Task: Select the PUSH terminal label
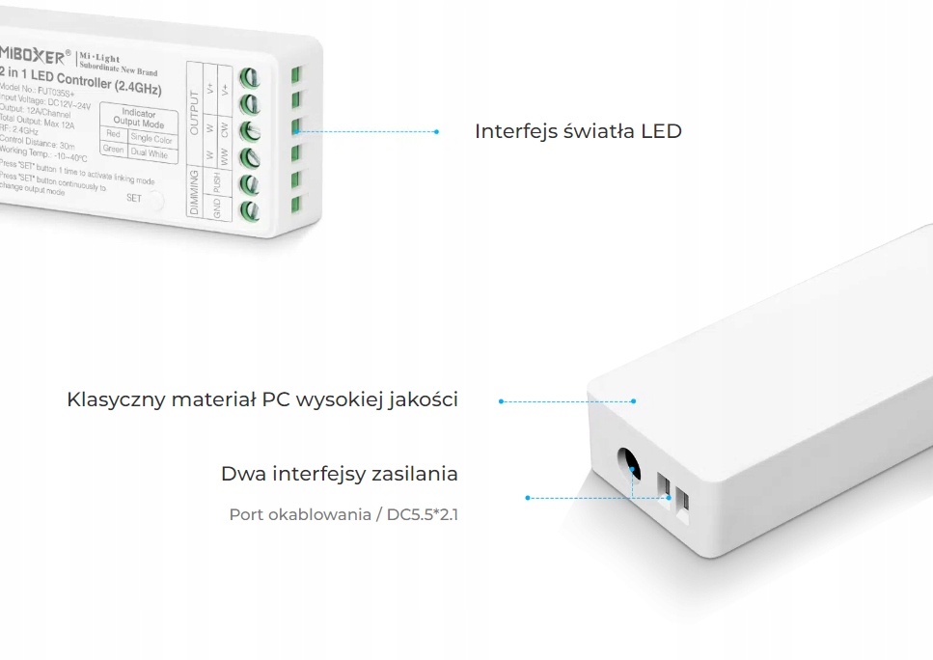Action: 217,182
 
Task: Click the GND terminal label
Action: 217,207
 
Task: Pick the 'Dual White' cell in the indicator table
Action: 150,153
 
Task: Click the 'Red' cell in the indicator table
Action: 113,135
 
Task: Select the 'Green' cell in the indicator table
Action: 113,150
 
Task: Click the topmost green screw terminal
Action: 251,77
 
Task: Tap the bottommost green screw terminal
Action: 251,207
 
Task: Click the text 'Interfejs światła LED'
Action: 578,131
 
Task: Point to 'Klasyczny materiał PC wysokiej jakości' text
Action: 262,399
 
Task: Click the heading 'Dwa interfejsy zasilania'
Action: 340,474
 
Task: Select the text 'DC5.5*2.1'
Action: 423,514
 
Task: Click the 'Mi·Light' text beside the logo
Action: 99,59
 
